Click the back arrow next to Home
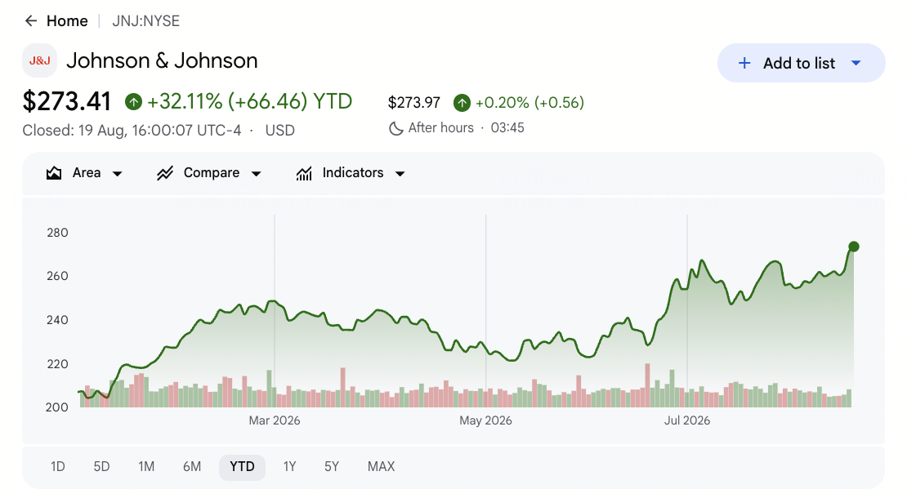[31, 21]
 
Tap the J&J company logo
[39, 60]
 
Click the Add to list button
[801, 63]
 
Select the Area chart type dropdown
[84, 173]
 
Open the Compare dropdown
[209, 173]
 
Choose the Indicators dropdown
[351, 173]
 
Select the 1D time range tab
[58, 467]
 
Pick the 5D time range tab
[102, 467]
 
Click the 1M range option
[146, 467]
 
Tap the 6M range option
[192, 467]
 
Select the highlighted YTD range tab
[242, 467]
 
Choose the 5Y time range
[332, 467]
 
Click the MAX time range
[382, 467]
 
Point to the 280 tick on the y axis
[57, 233]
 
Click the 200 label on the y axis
[57, 407]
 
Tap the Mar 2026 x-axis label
[275, 420]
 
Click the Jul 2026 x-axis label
[687, 420]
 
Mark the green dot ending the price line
[854, 247]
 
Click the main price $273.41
[66, 102]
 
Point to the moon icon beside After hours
[396, 128]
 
